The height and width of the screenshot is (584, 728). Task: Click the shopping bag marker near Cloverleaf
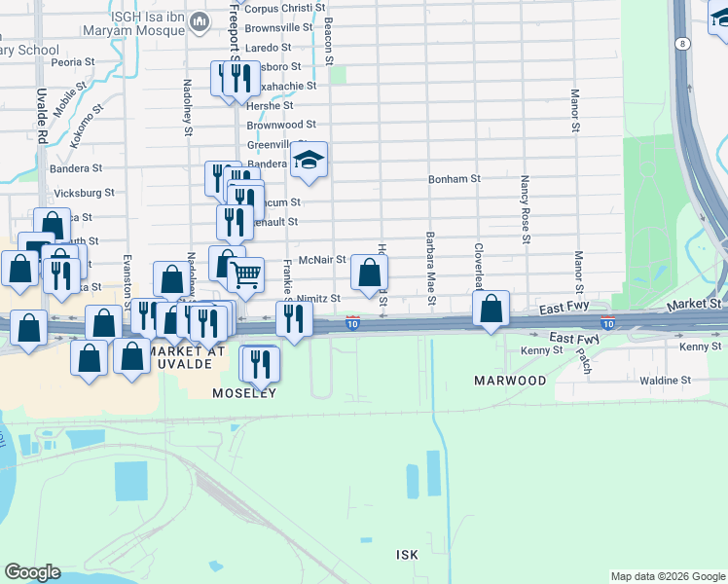pyautogui.click(x=492, y=310)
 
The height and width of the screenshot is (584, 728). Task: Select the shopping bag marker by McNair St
pyautogui.click(x=369, y=274)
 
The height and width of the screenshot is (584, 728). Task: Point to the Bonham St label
pyautogui.click(x=455, y=179)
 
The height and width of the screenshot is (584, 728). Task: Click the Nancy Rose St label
pyautogui.click(x=526, y=209)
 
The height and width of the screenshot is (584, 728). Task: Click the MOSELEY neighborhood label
pyautogui.click(x=245, y=393)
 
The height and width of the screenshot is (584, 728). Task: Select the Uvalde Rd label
pyautogui.click(x=43, y=116)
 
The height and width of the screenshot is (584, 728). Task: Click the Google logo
pyautogui.click(x=32, y=572)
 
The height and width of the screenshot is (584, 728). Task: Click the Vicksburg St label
pyautogui.click(x=85, y=194)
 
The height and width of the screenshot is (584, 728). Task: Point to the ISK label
pyautogui.click(x=406, y=554)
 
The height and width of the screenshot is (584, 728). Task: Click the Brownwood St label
pyautogui.click(x=281, y=126)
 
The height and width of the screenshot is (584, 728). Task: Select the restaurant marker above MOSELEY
pyautogui.click(x=261, y=364)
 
